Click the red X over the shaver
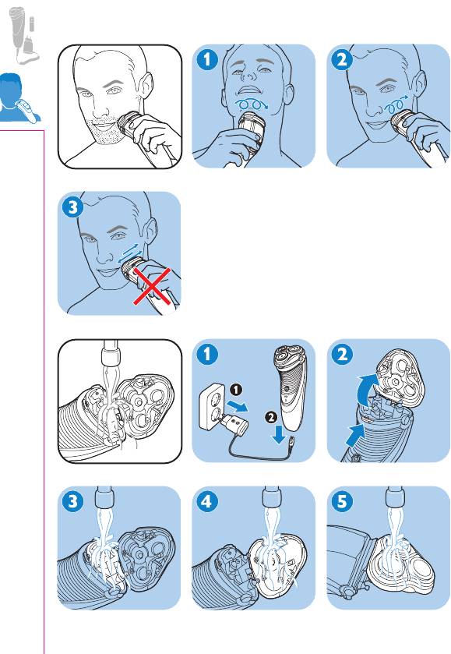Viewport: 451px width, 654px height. pos(152,287)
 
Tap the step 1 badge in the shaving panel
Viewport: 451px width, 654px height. pos(207,60)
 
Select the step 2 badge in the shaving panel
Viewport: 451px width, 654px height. pos(342,60)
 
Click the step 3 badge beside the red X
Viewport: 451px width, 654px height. pos(72,207)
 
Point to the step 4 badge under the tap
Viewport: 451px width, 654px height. pos(207,501)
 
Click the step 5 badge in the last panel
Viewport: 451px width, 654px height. pos(342,501)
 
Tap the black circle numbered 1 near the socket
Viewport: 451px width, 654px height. pos(236,390)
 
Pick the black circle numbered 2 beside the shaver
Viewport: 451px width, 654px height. pos(271,417)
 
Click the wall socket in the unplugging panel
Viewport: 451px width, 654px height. pos(213,407)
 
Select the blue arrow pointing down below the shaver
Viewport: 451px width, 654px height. pos(279,436)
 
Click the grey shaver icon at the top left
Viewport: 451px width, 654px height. pos(24,35)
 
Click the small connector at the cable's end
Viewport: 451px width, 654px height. pos(292,441)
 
